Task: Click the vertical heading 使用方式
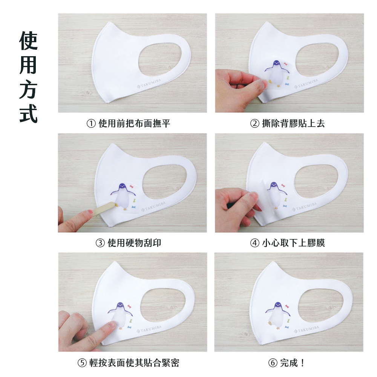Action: [x=28, y=77]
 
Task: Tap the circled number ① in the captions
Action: [x=91, y=124]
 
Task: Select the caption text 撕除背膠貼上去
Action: [x=293, y=124]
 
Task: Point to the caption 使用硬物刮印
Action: [x=134, y=243]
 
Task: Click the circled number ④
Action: [x=254, y=243]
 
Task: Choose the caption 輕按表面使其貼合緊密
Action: [x=134, y=363]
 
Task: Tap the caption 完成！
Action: [x=293, y=363]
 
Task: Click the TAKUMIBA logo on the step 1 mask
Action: [x=149, y=83]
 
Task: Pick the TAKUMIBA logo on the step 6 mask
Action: [x=307, y=329]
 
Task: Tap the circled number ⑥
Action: [x=273, y=363]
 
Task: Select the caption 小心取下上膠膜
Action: [x=293, y=243]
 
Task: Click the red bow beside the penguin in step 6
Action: [x=287, y=306]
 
